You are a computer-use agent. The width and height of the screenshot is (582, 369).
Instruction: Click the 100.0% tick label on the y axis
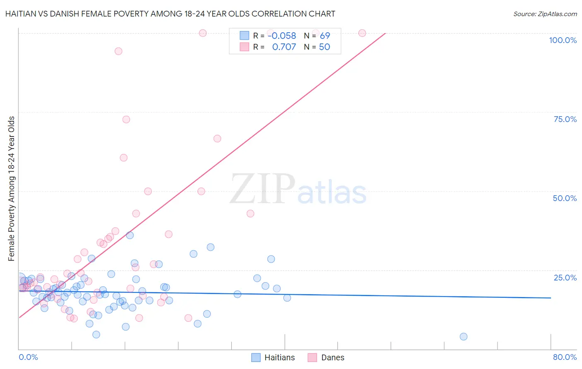pyautogui.click(x=563, y=40)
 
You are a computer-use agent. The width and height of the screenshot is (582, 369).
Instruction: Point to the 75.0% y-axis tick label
pyautogui.click(x=565, y=119)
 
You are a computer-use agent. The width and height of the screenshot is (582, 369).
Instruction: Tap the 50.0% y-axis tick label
pyautogui.click(x=565, y=198)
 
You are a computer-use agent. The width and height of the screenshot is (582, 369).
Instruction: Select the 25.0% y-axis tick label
pyautogui.click(x=565, y=278)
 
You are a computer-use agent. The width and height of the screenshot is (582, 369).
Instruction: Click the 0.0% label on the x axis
pyautogui.click(x=28, y=357)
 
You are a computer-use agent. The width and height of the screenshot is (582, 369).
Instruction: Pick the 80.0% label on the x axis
pyautogui.click(x=565, y=357)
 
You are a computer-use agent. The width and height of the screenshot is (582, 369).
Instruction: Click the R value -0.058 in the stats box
pyautogui.click(x=282, y=36)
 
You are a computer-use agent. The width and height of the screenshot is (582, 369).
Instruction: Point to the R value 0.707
pyautogui.click(x=284, y=47)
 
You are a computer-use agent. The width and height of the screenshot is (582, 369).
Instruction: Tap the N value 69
pyautogui.click(x=325, y=36)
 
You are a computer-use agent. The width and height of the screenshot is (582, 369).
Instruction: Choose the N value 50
pyautogui.click(x=325, y=47)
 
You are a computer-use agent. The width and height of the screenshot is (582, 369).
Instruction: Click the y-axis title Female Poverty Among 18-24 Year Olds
pyautogui.click(x=11, y=189)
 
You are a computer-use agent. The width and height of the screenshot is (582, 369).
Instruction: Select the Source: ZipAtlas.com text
pyautogui.click(x=545, y=14)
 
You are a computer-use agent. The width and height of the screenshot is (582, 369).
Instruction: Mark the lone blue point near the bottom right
pyautogui.click(x=464, y=337)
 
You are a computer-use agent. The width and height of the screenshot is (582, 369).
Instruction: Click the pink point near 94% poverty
pyautogui.click(x=118, y=51)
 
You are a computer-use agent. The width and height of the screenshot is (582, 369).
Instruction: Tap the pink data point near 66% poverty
pyautogui.click(x=217, y=139)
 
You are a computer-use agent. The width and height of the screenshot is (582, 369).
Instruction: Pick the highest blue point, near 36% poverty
pyautogui.click(x=130, y=235)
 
